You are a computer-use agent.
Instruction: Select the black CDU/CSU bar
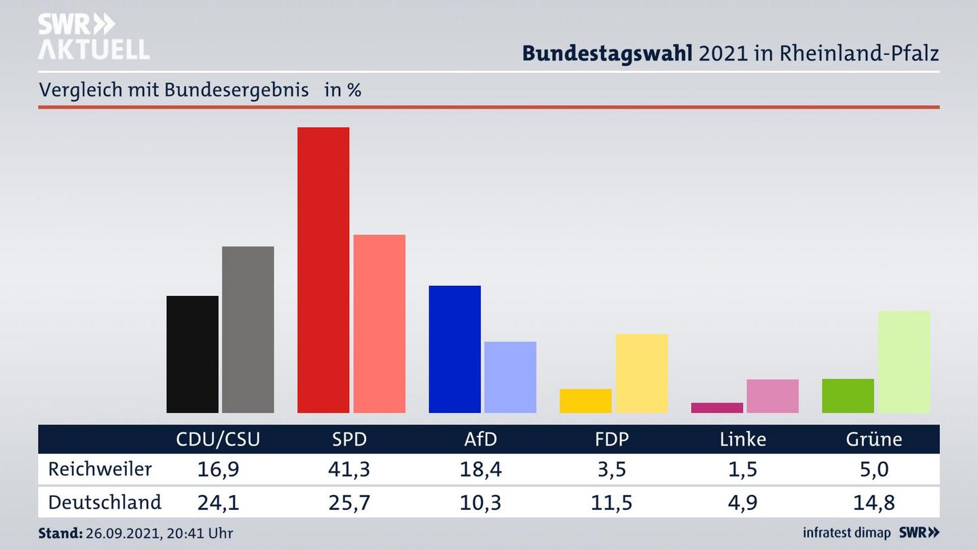(192, 354)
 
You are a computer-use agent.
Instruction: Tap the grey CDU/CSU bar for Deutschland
(248, 329)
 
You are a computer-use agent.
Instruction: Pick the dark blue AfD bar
(454, 349)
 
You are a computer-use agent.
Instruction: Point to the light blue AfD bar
(510, 377)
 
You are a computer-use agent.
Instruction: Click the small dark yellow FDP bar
(585, 401)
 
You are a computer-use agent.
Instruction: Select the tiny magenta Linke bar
(717, 407)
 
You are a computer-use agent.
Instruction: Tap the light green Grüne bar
(903, 362)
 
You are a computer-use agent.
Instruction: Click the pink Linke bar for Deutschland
(772, 396)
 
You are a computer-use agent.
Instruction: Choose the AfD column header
(480, 439)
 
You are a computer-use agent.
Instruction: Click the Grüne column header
(873, 439)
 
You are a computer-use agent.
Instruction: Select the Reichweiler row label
(100, 469)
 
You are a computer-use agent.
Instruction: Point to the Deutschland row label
(105, 502)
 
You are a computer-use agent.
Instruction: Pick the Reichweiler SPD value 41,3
(349, 469)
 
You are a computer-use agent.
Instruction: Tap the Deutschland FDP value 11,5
(611, 503)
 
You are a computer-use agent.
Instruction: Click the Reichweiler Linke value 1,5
(742, 469)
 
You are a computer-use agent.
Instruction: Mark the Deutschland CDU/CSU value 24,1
(217, 503)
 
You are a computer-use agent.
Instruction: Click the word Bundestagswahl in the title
(606, 53)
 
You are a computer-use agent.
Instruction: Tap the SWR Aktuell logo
(93, 37)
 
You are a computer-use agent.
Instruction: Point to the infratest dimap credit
(846, 532)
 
